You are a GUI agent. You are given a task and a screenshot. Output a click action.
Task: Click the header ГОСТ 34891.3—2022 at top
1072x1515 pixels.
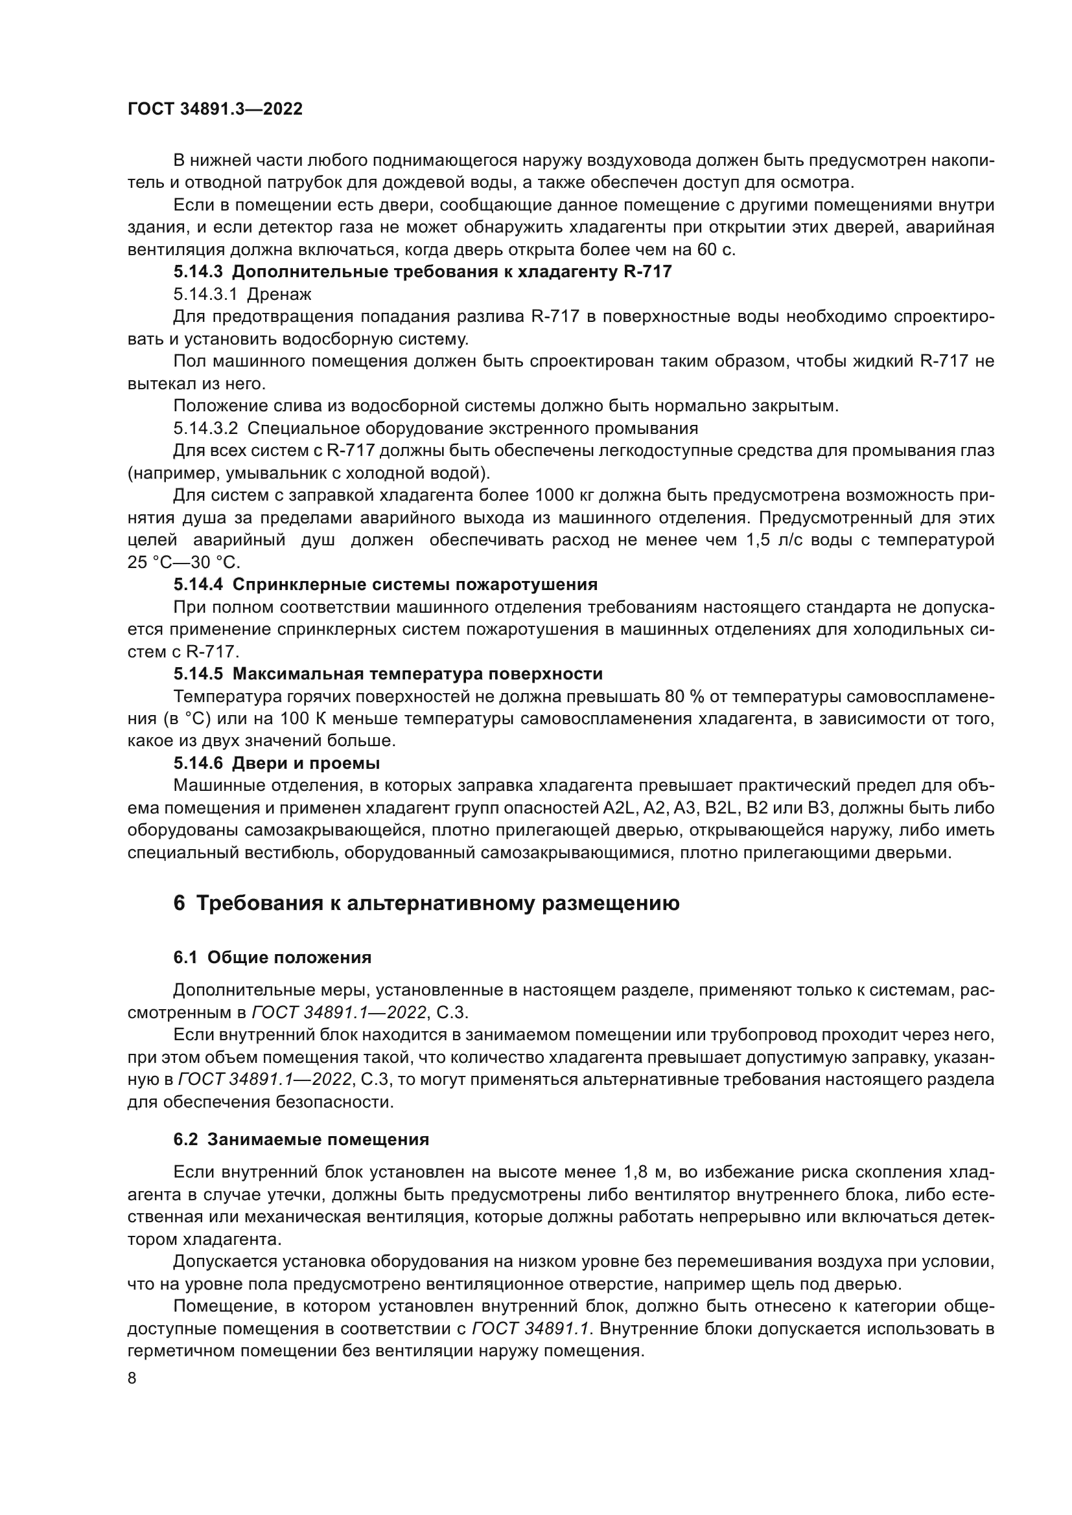[215, 109]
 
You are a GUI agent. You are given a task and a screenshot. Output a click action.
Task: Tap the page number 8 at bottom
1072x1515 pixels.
[132, 1379]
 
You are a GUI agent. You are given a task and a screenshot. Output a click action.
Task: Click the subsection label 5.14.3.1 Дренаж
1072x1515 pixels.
[242, 294]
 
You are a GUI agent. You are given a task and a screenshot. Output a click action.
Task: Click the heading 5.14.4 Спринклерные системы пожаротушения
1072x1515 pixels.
[386, 584]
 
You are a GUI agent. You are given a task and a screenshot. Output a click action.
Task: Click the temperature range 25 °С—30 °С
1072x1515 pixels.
[184, 562]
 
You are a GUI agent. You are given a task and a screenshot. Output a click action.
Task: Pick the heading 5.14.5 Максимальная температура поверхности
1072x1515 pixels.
[388, 674]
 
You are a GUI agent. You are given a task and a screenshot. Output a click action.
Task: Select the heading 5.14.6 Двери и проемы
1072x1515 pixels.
[277, 764]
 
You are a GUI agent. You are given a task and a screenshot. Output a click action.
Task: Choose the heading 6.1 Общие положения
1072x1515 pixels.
[272, 957]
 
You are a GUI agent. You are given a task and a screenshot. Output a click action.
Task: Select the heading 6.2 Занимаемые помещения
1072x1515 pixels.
[301, 1139]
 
